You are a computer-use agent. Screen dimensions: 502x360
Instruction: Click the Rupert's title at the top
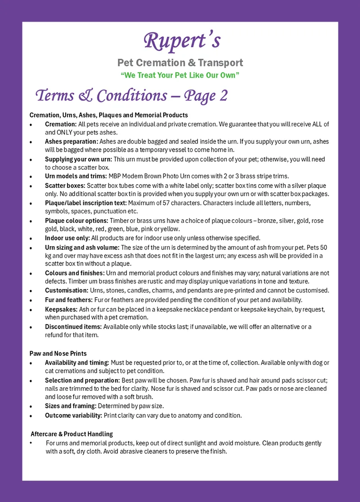(182, 41)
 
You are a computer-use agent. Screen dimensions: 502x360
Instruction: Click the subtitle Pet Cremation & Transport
(180, 63)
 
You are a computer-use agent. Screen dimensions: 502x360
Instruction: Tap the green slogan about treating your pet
(180, 75)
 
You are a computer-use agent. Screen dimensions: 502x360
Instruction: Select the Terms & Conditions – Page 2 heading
(131, 95)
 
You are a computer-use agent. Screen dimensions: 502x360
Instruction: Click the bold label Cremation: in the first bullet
(61, 124)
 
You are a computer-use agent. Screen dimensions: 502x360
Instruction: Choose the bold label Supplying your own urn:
(78, 159)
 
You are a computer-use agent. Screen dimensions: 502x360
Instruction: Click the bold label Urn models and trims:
(76, 176)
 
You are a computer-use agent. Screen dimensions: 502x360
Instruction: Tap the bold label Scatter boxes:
(65, 185)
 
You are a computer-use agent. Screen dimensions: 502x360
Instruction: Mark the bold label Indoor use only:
(67, 238)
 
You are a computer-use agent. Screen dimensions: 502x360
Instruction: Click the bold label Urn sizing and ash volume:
(82, 247)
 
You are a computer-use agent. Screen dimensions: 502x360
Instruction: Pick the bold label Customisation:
(67, 290)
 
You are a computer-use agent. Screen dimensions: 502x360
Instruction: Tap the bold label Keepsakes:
(61, 309)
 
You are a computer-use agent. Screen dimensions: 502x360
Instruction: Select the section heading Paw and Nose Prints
(58, 353)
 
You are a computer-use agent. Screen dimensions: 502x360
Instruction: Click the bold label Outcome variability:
(73, 415)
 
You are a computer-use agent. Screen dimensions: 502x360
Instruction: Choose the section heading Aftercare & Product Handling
(72, 434)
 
